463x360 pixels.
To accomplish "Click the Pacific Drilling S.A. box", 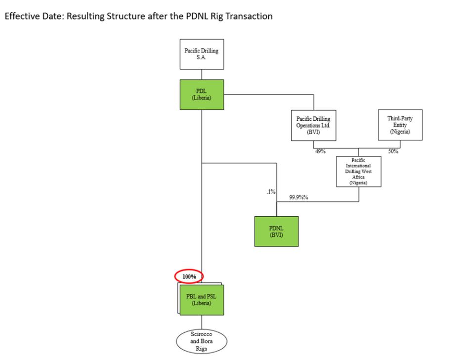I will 201,54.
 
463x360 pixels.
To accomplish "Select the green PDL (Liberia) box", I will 201,95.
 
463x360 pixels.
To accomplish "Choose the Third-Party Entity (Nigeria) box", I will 400,125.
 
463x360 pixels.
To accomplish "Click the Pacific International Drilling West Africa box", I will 358,172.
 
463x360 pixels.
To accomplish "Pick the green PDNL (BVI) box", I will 276,231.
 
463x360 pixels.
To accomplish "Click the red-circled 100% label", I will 189,276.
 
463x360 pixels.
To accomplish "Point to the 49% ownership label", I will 320,151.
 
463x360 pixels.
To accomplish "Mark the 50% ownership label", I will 393,151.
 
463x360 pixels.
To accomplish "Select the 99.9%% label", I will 299,197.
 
